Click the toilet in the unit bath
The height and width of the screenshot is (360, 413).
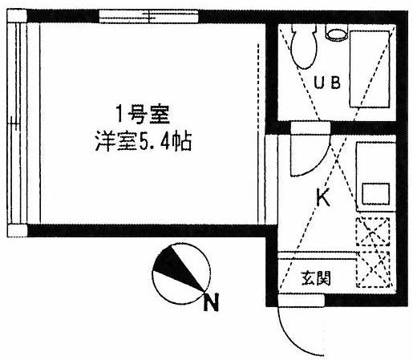(304, 46)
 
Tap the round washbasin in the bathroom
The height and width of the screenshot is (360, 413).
(337, 33)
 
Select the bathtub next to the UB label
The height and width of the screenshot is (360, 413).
(370, 69)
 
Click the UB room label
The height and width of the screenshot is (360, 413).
(327, 83)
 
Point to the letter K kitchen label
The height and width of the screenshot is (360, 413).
(323, 197)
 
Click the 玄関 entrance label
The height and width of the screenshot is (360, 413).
(316, 278)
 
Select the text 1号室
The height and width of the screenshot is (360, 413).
(143, 115)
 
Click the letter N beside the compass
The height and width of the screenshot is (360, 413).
(211, 302)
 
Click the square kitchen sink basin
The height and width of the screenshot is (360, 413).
(375, 194)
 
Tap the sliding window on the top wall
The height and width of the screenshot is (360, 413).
(148, 16)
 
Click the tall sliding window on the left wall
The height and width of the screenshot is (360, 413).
(17, 123)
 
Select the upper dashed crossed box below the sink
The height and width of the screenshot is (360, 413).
(372, 232)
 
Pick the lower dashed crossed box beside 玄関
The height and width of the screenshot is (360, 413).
(373, 269)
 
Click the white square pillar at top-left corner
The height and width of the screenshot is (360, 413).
(17, 16)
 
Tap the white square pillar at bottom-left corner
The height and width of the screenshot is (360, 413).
(17, 230)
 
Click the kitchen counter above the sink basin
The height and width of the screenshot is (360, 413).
(376, 163)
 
